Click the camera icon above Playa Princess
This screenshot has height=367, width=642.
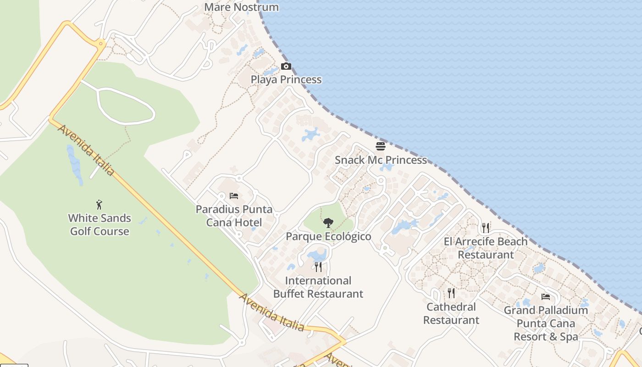(286, 67)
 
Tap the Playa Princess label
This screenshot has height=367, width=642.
(286, 80)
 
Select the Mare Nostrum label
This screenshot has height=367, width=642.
(241, 7)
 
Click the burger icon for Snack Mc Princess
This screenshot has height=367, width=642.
(381, 146)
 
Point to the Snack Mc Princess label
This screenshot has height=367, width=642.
(381, 160)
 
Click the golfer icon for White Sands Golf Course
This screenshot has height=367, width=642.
(99, 205)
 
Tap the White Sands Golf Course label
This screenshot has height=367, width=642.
(100, 225)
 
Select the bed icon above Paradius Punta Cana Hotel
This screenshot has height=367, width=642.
(234, 196)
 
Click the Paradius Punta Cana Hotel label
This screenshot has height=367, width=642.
(234, 216)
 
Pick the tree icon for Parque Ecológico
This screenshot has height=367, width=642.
(328, 223)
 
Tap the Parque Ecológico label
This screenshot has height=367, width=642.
(328, 237)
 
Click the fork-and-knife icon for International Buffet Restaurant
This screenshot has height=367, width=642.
(318, 267)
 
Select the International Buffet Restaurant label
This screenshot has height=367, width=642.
(318, 287)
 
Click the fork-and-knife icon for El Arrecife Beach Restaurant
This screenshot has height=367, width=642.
(486, 228)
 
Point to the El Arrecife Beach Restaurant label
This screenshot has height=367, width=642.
(486, 248)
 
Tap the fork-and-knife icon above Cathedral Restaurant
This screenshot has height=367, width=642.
(451, 293)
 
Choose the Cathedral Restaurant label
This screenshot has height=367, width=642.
(451, 313)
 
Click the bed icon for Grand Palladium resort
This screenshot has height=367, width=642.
(545, 297)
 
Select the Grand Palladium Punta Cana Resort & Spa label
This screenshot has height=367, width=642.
(546, 323)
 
